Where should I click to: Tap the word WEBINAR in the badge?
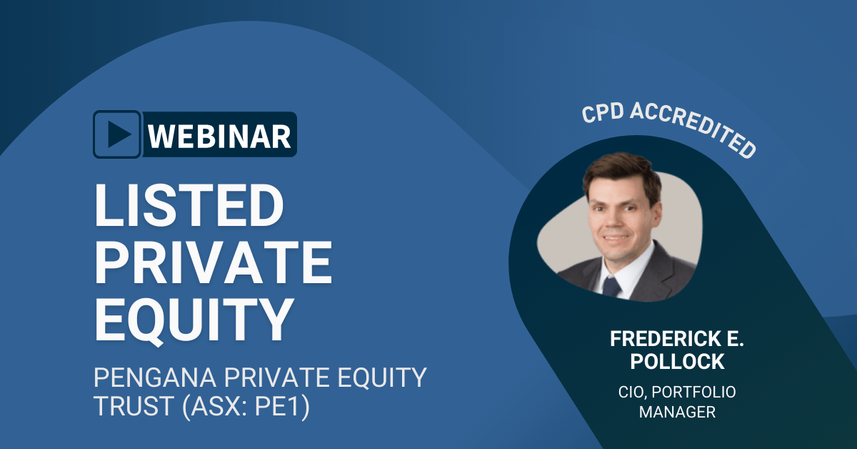(x=219, y=135)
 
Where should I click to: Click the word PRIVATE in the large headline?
(x=214, y=262)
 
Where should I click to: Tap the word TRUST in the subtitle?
(x=126, y=410)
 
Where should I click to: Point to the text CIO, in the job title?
(x=631, y=392)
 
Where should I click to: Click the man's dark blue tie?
(x=612, y=286)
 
